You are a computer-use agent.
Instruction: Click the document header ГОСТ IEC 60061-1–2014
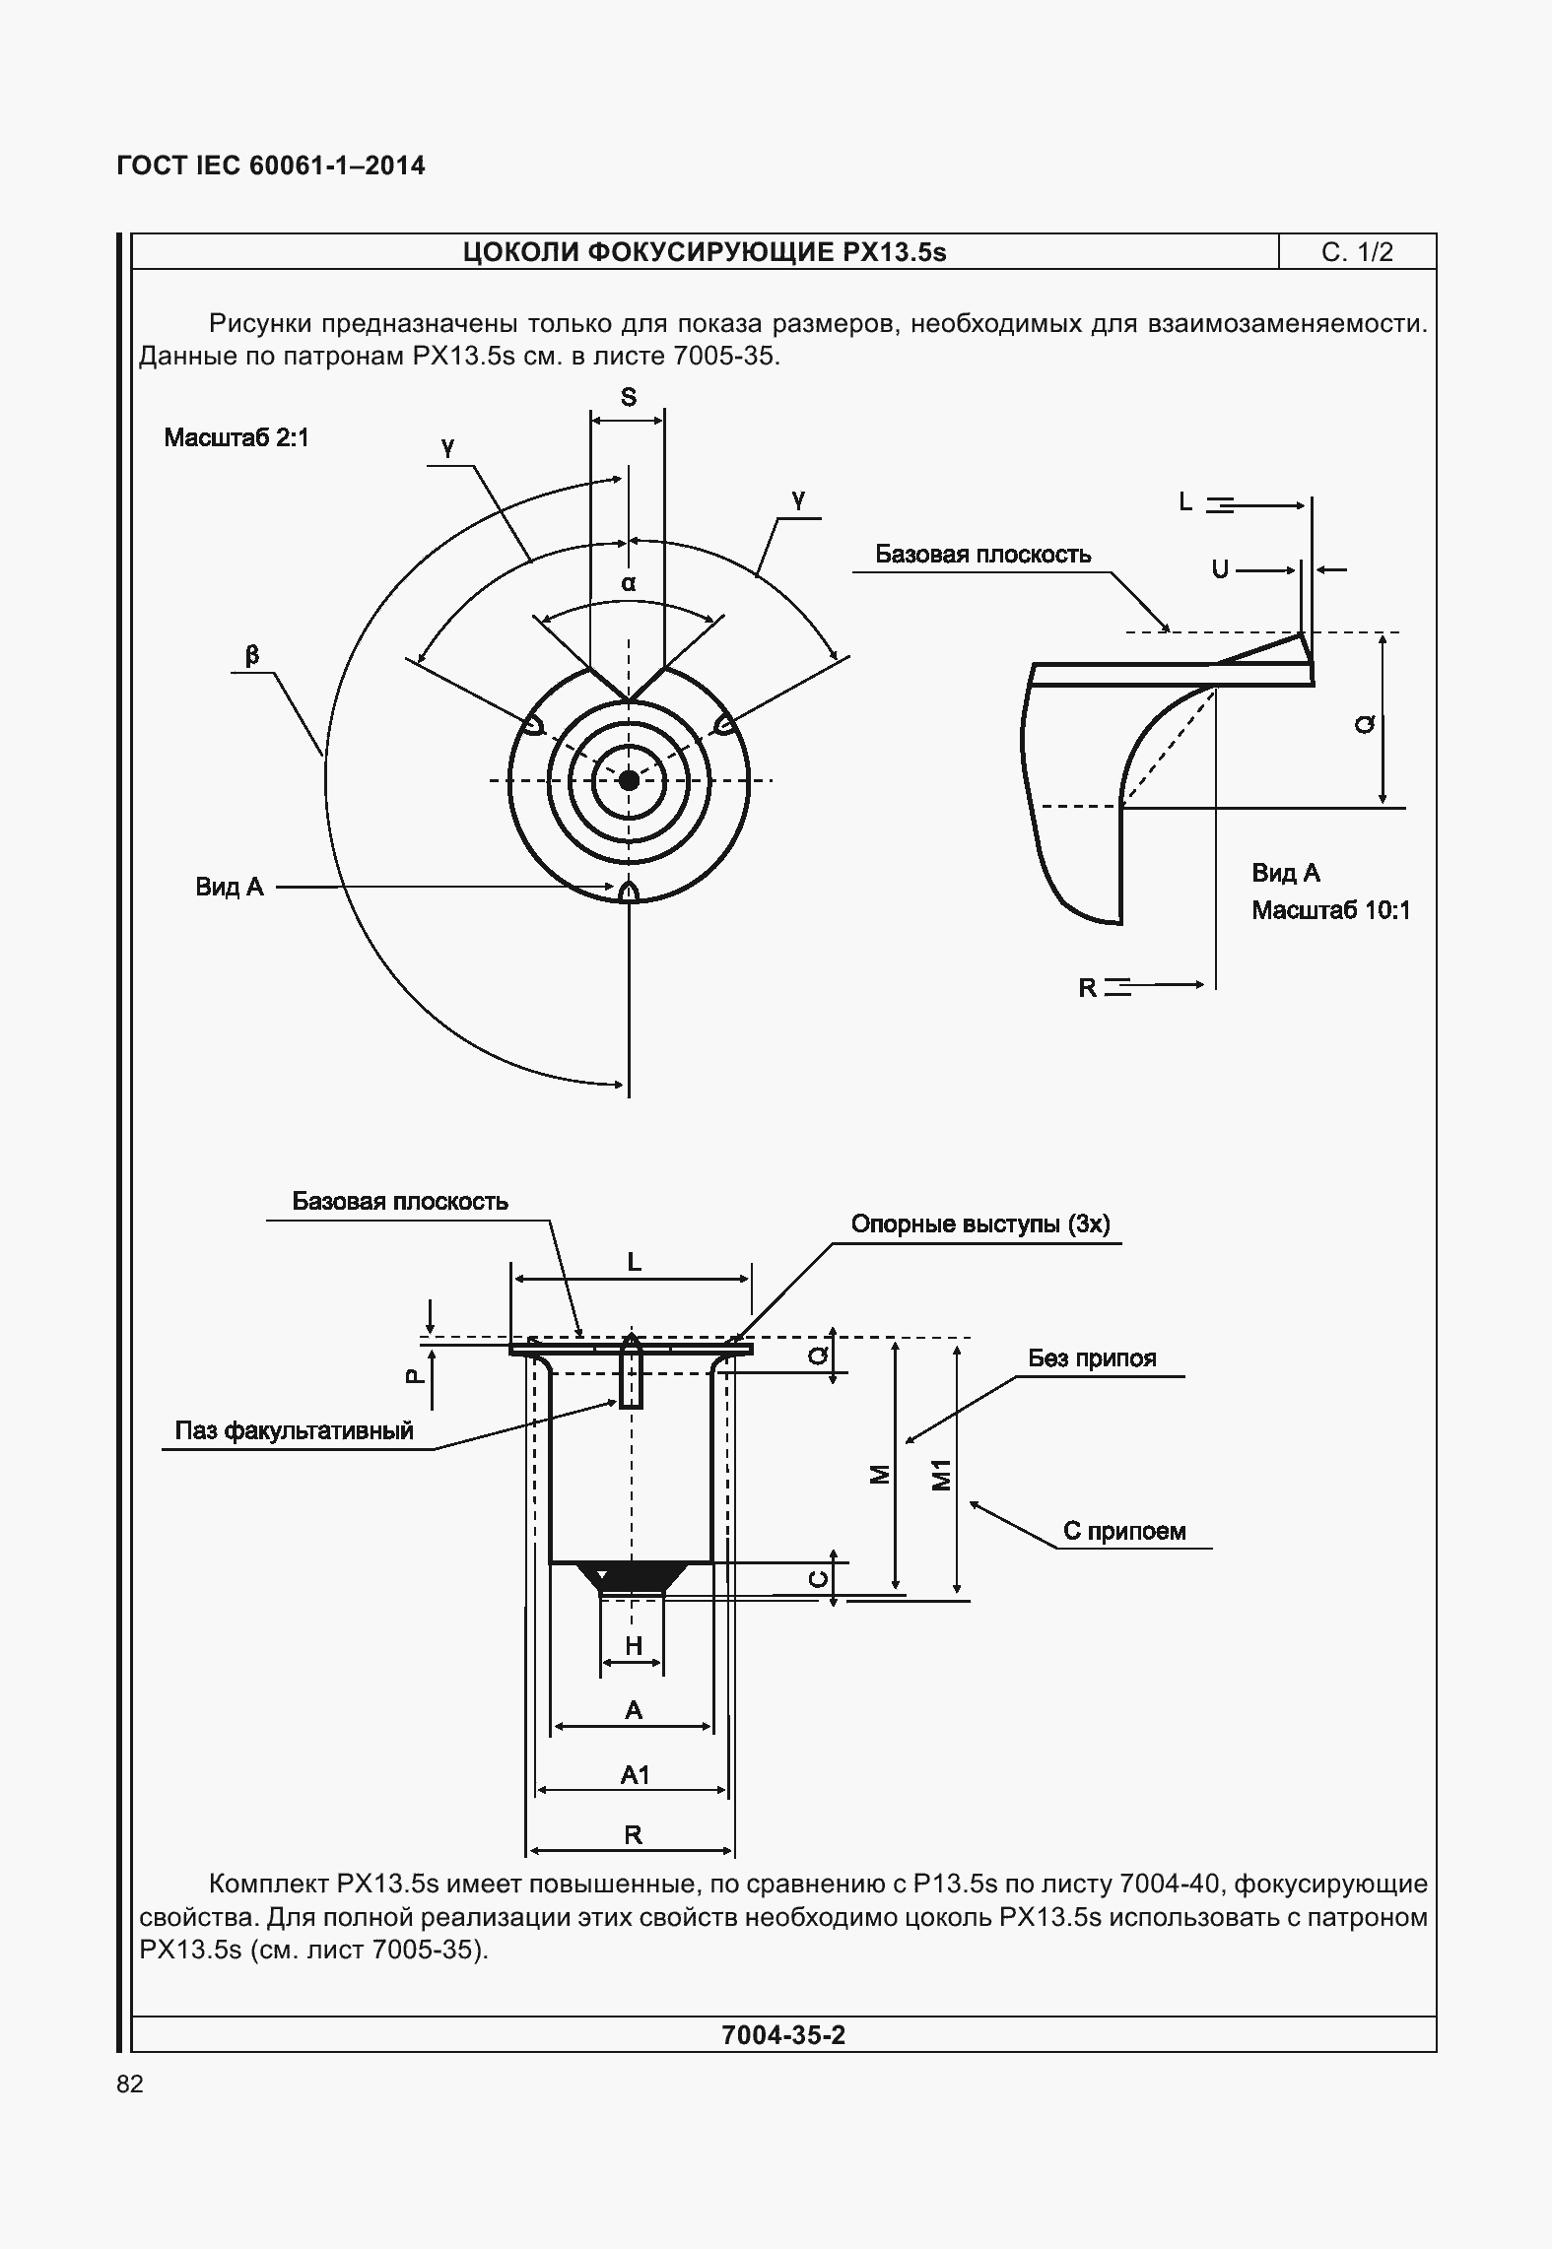pyautogui.click(x=271, y=165)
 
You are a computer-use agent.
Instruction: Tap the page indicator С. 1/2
pyautogui.click(x=1357, y=252)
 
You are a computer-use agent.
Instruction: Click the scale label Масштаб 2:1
pyautogui.click(x=236, y=437)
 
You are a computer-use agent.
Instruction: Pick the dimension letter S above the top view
pyautogui.click(x=628, y=397)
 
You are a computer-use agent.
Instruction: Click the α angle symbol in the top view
pyautogui.click(x=629, y=583)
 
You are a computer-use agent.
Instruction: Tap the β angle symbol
pyautogui.click(x=252, y=654)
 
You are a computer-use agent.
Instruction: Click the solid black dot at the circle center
pyautogui.click(x=629, y=780)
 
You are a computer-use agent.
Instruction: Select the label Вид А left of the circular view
pyautogui.click(x=230, y=887)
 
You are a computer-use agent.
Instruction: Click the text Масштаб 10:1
pyautogui.click(x=1330, y=910)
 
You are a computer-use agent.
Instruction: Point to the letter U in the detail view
pyautogui.click(x=1220, y=569)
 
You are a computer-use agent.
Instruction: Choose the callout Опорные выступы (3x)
pyautogui.click(x=980, y=1224)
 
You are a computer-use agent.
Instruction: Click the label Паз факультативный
pyautogui.click(x=294, y=1430)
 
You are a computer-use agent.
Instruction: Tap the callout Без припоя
pyautogui.click(x=1092, y=1357)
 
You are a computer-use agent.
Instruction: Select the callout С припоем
pyautogui.click(x=1124, y=1531)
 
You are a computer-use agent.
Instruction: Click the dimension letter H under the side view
pyautogui.click(x=634, y=1645)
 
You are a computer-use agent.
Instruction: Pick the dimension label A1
pyautogui.click(x=635, y=1775)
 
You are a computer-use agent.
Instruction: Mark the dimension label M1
pyautogui.click(x=942, y=1476)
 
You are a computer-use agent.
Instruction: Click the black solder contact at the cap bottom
pyautogui.click(x=631, y=1574)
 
